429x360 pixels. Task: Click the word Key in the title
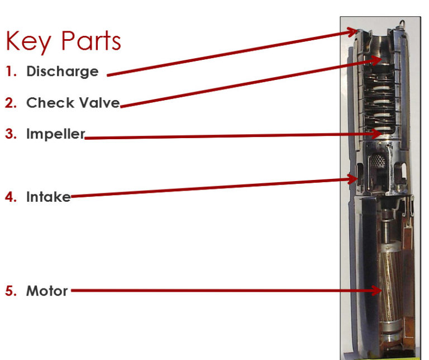pyautogui.click(x=28, y=42)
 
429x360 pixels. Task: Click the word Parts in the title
pyautogui.click(x=92, y=40)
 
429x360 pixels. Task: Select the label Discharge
pyautogui.click(x=63, y=72)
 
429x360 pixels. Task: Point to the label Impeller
pyautogui.click(x=55, y=134)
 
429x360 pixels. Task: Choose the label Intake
pyautogui.click(x=49, y=197)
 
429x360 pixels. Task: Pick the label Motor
pyautogui.click(x=47, y=291)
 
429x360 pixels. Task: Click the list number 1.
pyautogui.click(x=11, y=72)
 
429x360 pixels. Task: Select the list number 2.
pyautogui.click(x=11, y=103)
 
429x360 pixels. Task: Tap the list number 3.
pyautogui.click(x=11, y=134)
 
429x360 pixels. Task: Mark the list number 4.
pyautogui.click(x=11, y=197)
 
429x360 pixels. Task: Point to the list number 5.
pyautogui.click(x=11, y=291)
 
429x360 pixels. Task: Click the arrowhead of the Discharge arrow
pyautogui.click(x=353, y=32)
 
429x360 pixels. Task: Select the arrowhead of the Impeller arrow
pyautogui.click(x=376, y=134)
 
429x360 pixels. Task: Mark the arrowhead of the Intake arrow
pyautogui.click(x=353, y=179)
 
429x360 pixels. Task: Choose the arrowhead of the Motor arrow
pyautogui.click(x=376, y=290)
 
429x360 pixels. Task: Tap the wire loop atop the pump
pyautogui.click(x=402, y=23)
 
